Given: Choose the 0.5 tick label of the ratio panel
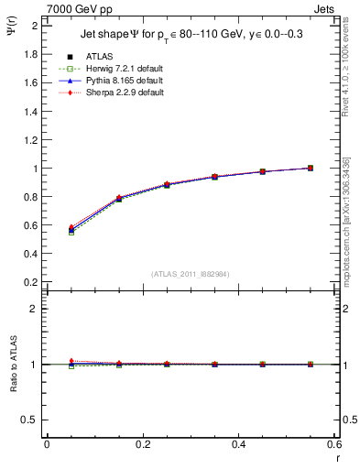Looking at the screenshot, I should coord(32,420).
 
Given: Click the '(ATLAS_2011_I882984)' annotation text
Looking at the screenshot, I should coord(190,273).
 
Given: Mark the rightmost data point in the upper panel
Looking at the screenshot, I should coord(311,168).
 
